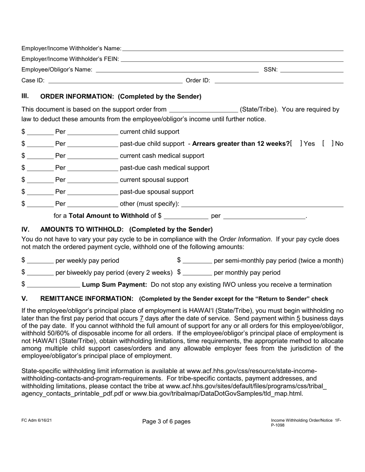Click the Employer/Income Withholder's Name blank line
232,48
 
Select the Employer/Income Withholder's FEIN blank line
232,59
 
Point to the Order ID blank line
279,81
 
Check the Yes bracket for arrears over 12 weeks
296,144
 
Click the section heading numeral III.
25,96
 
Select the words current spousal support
154,180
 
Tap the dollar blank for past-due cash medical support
40,168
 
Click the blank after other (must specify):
262,204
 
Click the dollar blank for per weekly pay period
40,261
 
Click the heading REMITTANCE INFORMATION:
87,299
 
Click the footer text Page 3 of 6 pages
166,421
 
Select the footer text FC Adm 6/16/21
36,420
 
